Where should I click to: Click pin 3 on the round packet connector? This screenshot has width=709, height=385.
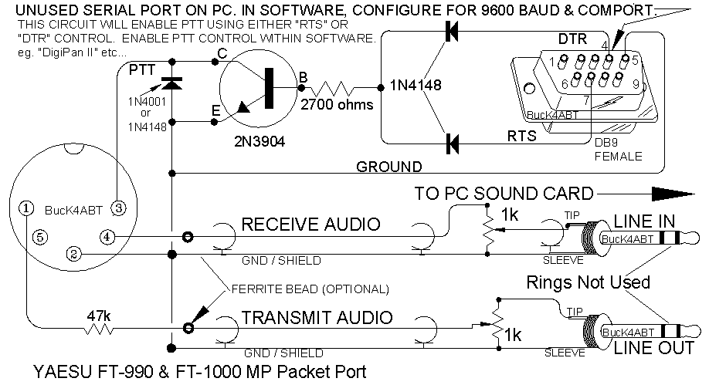(x=118, y=207)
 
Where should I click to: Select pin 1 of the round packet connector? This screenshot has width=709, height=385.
(x=26, y=207)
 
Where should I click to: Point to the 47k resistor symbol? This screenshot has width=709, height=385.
(x=99, y=329)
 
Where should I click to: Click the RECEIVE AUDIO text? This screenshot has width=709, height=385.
(x=310, y=225)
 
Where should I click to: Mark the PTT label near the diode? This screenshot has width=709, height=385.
(x=142, y=69)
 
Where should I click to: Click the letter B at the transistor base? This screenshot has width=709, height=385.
(x=303, y=76)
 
